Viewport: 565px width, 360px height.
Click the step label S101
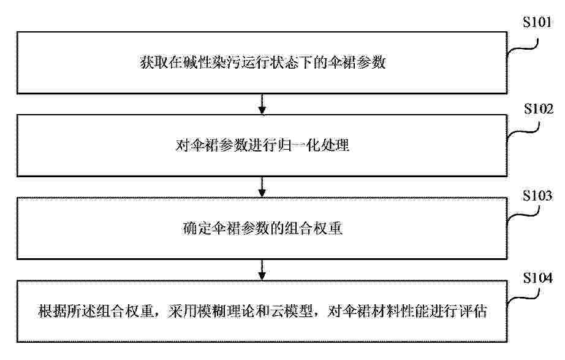[537, 22]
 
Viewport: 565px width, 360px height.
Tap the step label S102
[538, 109]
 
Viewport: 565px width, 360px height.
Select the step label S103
[537, 196]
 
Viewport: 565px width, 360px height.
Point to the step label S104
[537, 278]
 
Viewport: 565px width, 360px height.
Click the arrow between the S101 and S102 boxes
[262, 104]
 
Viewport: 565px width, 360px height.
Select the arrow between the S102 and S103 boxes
[262, 187]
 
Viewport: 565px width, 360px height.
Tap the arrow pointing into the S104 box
[262, 270]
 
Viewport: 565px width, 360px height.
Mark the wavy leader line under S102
[523, 131]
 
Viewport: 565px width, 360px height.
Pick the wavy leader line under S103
[523, 214]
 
